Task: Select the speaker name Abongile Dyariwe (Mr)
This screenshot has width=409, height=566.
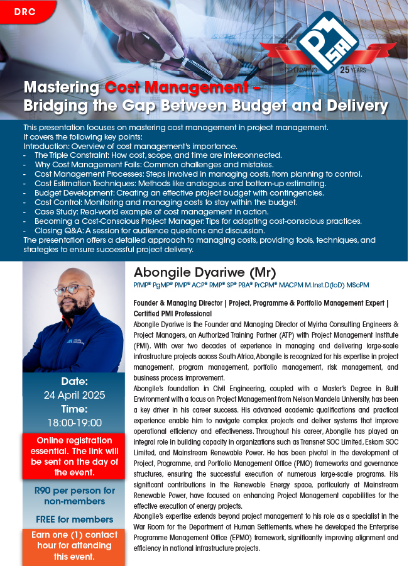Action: (x=204, y=273)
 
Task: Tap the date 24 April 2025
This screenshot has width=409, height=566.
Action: (x=75, y=396)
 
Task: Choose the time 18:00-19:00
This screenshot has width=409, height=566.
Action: (x=75, y=423)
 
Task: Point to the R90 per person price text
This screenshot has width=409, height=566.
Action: (x=75, y=496)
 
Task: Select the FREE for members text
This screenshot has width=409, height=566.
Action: (x=75, y=519)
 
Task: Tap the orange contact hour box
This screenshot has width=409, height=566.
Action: (x=75, y=545)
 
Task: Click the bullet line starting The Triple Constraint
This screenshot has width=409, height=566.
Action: (x=158, y=155)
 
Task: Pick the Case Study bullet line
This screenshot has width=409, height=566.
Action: (x=151, y=212)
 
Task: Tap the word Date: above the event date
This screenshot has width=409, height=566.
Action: (x=75, y=381)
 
